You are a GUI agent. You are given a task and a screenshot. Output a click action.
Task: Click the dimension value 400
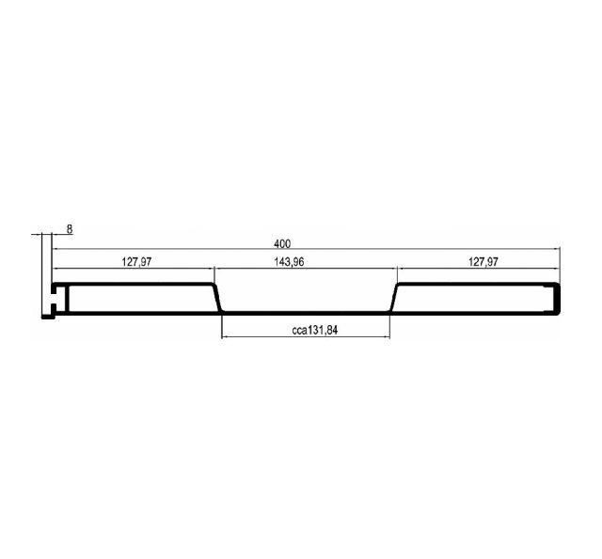(282, 243)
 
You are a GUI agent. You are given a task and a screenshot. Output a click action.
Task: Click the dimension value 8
(70, 229)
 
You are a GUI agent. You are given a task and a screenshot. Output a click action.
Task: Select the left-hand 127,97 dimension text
(136, 262)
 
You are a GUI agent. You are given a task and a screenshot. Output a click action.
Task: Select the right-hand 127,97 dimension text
(483, 262)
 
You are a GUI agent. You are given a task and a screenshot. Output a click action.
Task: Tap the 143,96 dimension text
(289, 262)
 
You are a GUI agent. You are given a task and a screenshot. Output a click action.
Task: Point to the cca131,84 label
(315, 330)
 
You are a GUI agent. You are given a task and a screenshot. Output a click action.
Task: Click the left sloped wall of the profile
(217, 298)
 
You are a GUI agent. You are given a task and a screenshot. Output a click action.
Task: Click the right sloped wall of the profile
(394, 298)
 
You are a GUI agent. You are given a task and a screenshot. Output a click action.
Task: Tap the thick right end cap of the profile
(558, 299)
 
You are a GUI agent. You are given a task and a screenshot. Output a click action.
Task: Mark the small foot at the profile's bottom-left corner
(48, 317)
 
